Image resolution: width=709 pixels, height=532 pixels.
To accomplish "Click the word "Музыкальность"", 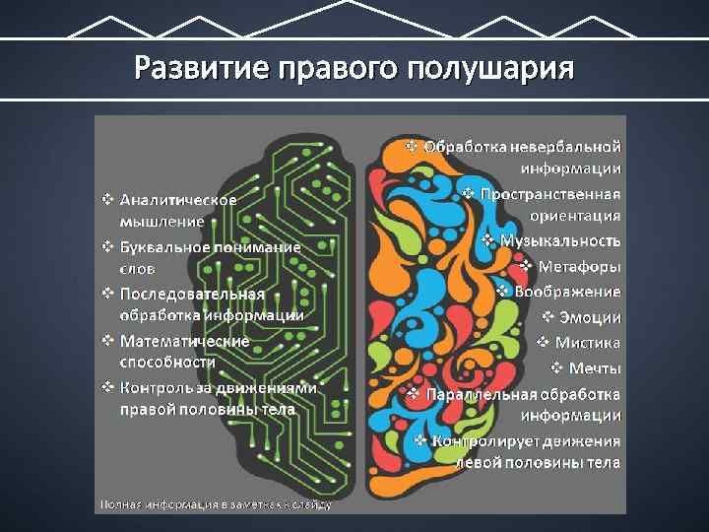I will (560, 240).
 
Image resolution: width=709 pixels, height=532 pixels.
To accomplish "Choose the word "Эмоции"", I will (590, 317).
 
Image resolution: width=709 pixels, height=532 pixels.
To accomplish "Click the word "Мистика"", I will (588, 343).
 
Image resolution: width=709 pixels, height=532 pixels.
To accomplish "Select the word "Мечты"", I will (594, 368).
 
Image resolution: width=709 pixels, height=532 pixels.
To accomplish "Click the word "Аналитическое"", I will (178, 199).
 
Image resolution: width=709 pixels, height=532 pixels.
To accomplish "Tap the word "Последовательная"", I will (192, 294).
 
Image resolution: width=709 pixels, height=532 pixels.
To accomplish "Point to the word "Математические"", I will (184, 341).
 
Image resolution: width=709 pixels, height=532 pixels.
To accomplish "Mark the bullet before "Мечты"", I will (555, 368).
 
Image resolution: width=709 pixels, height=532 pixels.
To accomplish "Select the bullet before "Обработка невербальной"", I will (412, 146).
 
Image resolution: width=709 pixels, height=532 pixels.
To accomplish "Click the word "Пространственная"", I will (551, 193).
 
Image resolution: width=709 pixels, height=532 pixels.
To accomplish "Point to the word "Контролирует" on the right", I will (480, 441).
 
